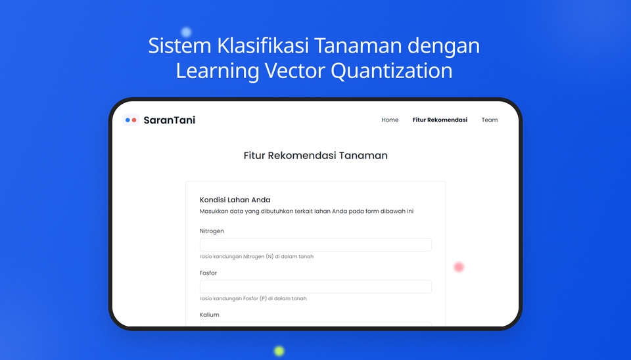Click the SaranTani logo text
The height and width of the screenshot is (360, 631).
point(169,120)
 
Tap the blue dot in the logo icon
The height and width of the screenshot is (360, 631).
point(128,120)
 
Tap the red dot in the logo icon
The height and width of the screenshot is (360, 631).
point(134,120)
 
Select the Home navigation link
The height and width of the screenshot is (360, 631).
point(390,120)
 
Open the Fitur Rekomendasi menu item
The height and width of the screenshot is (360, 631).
point(440,120)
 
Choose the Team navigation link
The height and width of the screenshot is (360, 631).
point(489,120)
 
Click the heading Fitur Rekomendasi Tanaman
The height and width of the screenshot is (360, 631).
point(315,156)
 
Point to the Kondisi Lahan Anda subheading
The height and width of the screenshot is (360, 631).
point(235,200)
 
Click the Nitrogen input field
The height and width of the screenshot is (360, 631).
point(315,245)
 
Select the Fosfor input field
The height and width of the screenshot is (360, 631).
point(315,287)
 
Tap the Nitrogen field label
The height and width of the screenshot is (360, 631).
point(212,231)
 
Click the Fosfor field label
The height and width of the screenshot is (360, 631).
point(208,273)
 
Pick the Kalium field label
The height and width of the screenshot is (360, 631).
point(210,315)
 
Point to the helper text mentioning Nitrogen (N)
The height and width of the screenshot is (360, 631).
point(256,257)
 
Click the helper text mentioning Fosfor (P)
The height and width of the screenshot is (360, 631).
point(253,299)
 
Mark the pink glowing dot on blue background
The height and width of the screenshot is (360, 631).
point(459,267)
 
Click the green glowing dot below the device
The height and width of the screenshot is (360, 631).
point(279,351)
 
